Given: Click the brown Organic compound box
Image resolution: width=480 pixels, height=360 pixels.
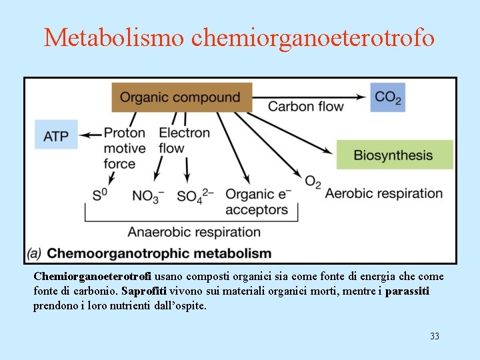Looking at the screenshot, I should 181,97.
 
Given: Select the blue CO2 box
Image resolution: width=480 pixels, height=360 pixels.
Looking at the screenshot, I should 387,97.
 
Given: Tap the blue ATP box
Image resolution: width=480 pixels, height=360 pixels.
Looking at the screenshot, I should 56,135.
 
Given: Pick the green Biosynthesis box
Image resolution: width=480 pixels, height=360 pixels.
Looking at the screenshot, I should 394,155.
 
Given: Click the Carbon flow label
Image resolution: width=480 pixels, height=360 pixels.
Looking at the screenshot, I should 305,107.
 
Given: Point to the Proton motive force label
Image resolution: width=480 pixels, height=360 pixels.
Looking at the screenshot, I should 125,148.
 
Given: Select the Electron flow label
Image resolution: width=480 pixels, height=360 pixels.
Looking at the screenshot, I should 184,140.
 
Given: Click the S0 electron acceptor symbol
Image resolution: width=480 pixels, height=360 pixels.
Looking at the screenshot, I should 101,195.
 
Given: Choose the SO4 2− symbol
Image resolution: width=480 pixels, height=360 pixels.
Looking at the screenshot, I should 195,196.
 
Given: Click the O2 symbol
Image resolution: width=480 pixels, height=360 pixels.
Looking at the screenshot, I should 313,181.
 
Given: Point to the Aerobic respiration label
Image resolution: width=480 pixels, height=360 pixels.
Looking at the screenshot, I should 383,194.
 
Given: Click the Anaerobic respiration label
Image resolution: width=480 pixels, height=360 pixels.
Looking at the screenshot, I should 194,232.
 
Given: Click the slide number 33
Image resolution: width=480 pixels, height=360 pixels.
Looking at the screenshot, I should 434,336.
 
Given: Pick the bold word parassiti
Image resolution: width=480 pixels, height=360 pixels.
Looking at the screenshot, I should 407,291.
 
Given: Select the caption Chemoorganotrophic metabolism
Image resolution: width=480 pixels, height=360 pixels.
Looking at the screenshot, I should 159,253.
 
